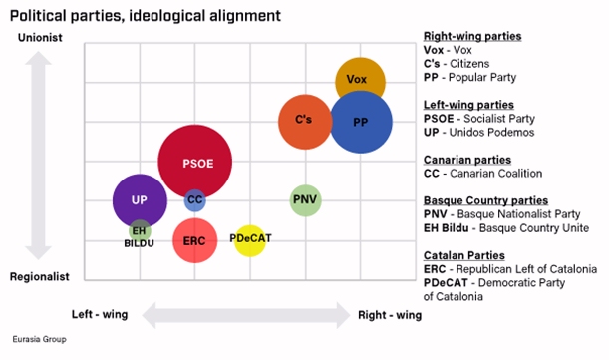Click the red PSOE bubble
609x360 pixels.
coord(194,162)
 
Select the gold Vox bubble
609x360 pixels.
coord(360,80)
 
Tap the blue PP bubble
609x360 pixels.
coord(361,122)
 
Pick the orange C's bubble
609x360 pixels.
coord(304,121)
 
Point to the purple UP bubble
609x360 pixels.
coord(139,199)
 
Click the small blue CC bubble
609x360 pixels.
coord(195,200)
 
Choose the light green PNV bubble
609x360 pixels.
coord(305,200)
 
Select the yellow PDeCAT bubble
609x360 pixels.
coord(249,239)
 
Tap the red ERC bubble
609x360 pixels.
coord(194,239)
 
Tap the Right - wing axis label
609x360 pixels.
coord(390,315)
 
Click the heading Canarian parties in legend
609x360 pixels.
coord(467,160)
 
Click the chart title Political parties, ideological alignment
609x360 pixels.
coord(145,16)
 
